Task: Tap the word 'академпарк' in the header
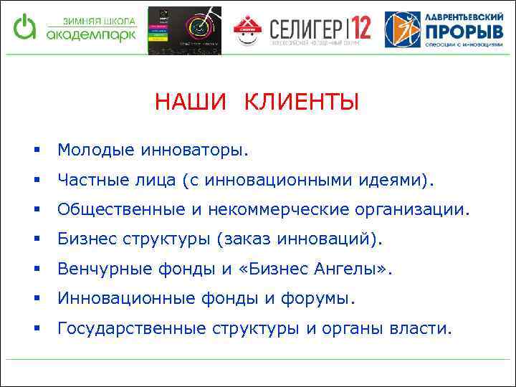pyautogui.click(x=89, y=34)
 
